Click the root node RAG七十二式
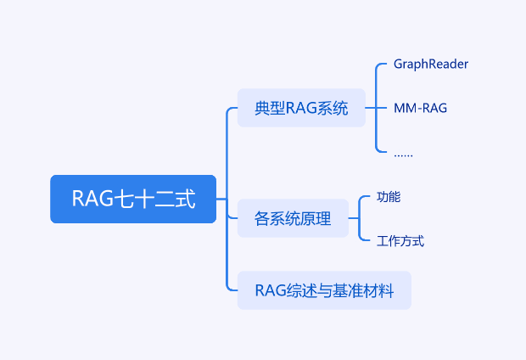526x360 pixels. point(133,199)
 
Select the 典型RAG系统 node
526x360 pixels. point(301,108)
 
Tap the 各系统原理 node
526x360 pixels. point(293,218)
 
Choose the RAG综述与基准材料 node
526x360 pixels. point(324,290)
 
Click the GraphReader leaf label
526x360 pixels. point(431,64)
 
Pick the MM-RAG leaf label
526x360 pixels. point(420,108)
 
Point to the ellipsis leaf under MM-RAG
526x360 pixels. point(403,155)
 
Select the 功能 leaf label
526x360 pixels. point(389,197)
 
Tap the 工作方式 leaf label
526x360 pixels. point(400,241)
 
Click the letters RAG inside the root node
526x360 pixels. point(92,199)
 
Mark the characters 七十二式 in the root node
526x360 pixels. point(154,199)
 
